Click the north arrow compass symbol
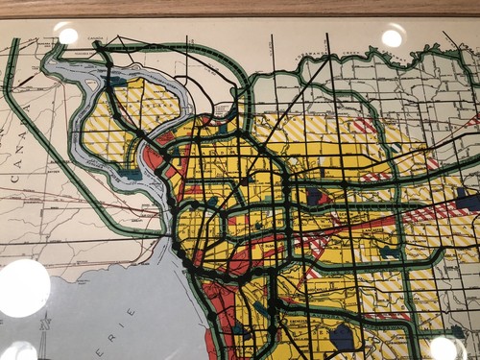44,338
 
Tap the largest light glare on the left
23,288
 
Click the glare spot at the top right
392,37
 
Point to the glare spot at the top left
67,36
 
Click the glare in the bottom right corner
444,347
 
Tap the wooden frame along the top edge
240,9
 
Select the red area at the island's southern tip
155,158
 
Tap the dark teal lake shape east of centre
318,196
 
